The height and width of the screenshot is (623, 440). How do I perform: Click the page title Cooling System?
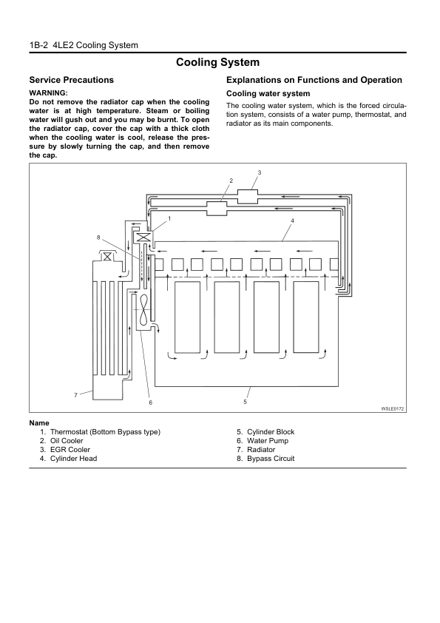pyautogui.click(x=217, y=62)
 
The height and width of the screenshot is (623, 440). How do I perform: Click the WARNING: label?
pyautogui.click(x=49, y=93)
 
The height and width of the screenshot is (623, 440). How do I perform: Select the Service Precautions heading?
pyautogui.click(x=72, y=80)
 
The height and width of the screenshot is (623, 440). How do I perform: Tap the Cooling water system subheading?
pyautogui.click(x=268, y=94)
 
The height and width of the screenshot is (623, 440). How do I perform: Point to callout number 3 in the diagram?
pyautogui.click(x=260, y=172)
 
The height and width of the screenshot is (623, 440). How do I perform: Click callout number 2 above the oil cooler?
pyautogui.click(x=231, y=181)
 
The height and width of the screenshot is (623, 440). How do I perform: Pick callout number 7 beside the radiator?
pyautogui.click(x=75, y=395)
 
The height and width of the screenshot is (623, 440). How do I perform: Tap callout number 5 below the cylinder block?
pyautogui.click(x=245, y=402)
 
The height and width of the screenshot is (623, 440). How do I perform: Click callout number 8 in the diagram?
pyautogui.click(x=98, y=238)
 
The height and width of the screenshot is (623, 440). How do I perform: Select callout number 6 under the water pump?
pyautogui.click(x=151, y=403)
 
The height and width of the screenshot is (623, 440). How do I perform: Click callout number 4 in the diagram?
pyautogui.click(x=292, y=220)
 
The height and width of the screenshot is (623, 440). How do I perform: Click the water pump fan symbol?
pyautogui.click(x=143, y=309)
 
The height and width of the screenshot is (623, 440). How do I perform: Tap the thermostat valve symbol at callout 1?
pyautogui.click(x=143, y=238)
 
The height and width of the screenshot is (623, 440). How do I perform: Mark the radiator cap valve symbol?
pyautogui.click(x=106, y=257)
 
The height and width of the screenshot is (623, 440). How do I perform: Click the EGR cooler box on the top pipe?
pyautogui.click(x=248, y=196)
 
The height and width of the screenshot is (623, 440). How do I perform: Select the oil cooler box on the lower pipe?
pyautogui.click(x=217, y=209)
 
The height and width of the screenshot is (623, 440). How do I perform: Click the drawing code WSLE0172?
pyautogui.click(x=393, y=408)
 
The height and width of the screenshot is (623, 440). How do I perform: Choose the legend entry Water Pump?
pyautogui.click(x=268, y=441)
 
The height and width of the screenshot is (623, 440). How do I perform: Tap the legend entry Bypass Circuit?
pyautogui.click(x=271, y=459)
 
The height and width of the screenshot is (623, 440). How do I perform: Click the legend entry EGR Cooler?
pyautogui.click(x=70, y=450)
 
